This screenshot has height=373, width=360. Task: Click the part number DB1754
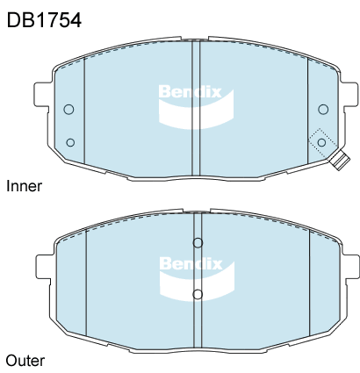[44, 19]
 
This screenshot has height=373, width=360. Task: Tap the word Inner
[24, 186]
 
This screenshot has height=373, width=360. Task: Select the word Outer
[25, 360]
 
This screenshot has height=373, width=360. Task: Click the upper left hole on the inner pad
[69, 109]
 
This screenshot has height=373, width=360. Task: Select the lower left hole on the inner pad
[70, 141]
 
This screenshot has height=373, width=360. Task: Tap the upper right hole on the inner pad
[323, 109]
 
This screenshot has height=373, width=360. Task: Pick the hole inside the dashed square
[322, 142]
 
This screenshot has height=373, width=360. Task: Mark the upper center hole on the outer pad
[198, 243]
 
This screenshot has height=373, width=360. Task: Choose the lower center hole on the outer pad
[198, 293]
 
